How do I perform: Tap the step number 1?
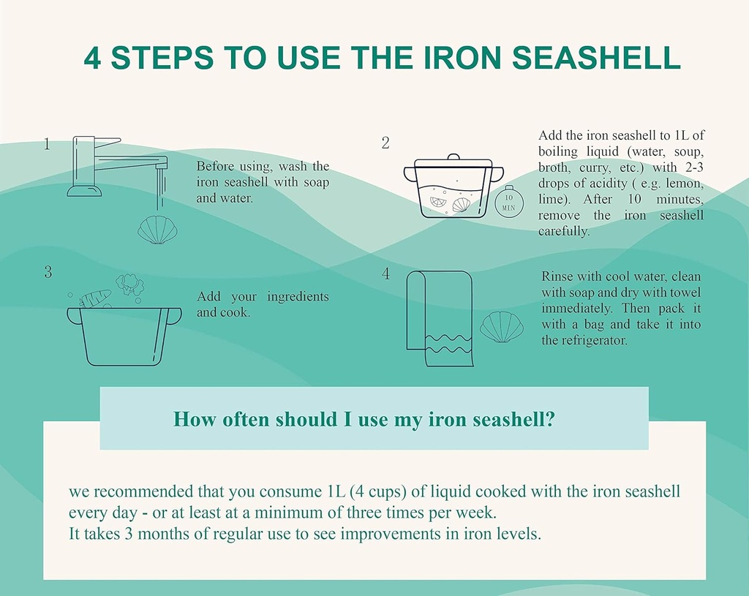pyautogui.click(x=47, y=144)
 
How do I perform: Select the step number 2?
pyautogui.click(x=385, y=143)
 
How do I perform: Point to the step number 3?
pyautogui.click(x=48, y=272)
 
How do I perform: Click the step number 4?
pyautogui.click(x=385, y=274)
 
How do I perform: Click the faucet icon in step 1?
pyautogui.click(x=117, y=167)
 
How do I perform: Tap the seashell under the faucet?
pyautogui.click(x=157, y=230)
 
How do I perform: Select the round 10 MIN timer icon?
pyautogui.click(x=509, y=202)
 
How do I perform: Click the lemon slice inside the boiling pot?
pyautogui.click(x=438, y=202)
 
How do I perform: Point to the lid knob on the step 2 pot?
pyautogui.click(x=453, y=156)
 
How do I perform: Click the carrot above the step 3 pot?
pyautogui.click(x=95, y=298)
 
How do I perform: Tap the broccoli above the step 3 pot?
pyautogui.click(x=130, y=284)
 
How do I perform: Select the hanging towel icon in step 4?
pyautogui.click(x=439, y=317)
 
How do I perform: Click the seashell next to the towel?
pyautogui.click(x=502, y=327)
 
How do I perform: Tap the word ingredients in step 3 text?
pyautogui.click(x=298, y=296)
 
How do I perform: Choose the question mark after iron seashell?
pyautogui.click(x=549, y=419)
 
